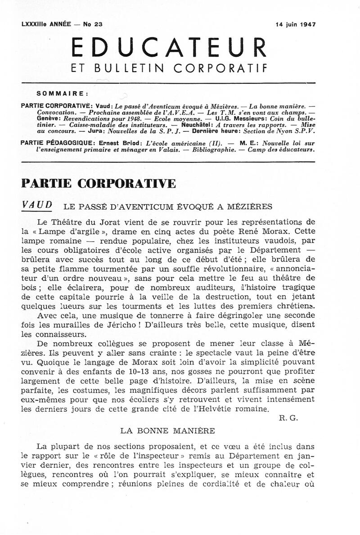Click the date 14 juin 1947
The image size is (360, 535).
[295, 25]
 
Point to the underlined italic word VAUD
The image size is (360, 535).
[37, 205]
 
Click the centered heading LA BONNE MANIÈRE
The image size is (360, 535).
[168, 430]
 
